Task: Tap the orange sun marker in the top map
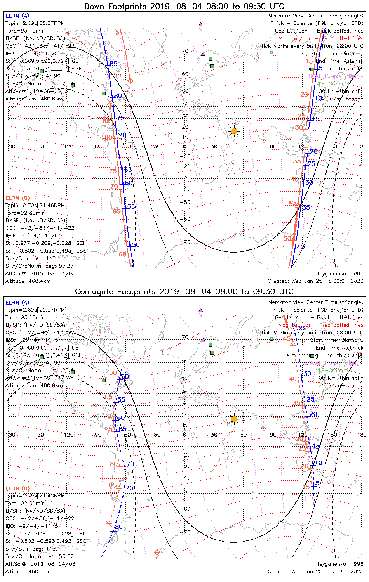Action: [x=234, y=131]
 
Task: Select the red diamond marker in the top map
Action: [x=131, y=81]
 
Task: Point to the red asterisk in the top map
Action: [x=110, y=102]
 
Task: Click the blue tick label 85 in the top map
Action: [x=113, y=64]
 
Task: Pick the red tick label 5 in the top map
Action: [x=117, y=32]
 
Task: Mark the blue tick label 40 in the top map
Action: [x=301, y=247]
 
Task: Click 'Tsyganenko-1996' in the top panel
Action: [x=340, y=274]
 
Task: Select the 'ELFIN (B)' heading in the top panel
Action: [x=17, y=198]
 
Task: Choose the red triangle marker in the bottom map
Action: [x=293, y=343]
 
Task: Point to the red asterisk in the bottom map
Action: [x=108, y=523]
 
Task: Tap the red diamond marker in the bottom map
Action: [x=157, y=552]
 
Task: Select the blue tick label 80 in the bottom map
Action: [x=118, y=527]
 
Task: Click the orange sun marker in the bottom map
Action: [x=234, y=419]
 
